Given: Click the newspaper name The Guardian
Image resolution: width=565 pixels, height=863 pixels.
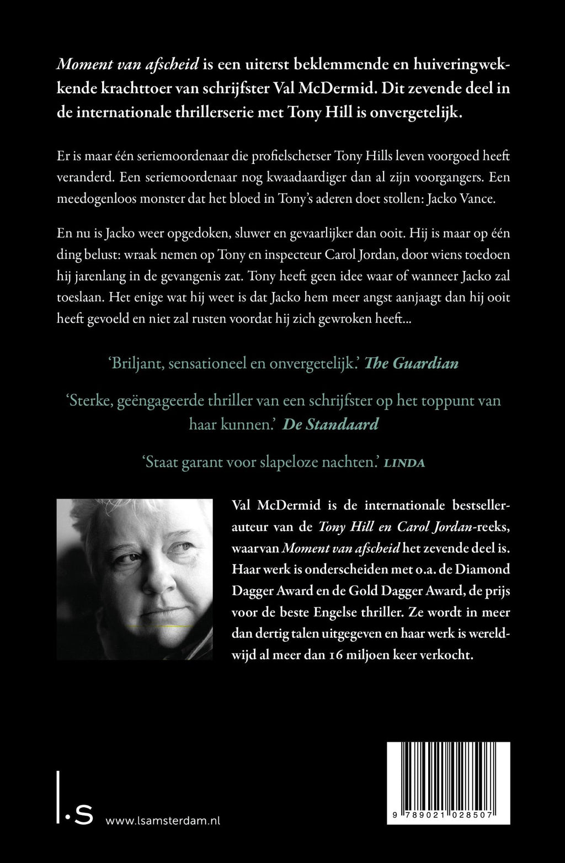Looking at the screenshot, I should click(412, 363).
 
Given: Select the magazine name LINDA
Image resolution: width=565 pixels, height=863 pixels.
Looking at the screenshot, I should click(404, 463).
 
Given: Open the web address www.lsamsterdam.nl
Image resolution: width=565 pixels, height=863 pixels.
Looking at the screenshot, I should click(162, 820).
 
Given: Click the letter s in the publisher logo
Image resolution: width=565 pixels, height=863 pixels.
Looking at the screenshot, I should click(83, 817).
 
